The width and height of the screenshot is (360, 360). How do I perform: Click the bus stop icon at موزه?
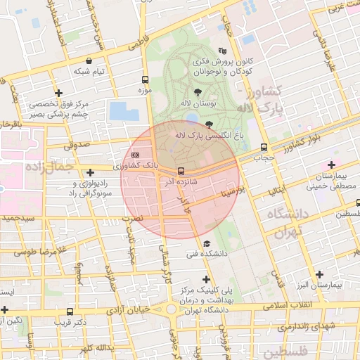coord(145,79)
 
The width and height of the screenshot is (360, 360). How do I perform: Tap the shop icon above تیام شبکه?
coord(89,61)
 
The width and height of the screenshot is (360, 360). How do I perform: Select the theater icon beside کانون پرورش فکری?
coord(223,51)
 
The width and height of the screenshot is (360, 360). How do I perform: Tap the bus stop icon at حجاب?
coord(264,148)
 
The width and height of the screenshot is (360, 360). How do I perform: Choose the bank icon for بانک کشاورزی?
coord(135,155)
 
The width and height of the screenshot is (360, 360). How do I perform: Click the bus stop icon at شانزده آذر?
coord(181,171)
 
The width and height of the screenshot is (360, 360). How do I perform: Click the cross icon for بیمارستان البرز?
coord(320,274)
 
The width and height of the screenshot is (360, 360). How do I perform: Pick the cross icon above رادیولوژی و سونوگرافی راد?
coord(89,172)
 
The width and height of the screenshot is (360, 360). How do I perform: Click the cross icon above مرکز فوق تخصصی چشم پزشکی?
coord(58,93)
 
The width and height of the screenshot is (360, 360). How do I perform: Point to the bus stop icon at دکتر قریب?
coord(69,311)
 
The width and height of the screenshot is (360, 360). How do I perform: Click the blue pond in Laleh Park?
coord(120,111)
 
